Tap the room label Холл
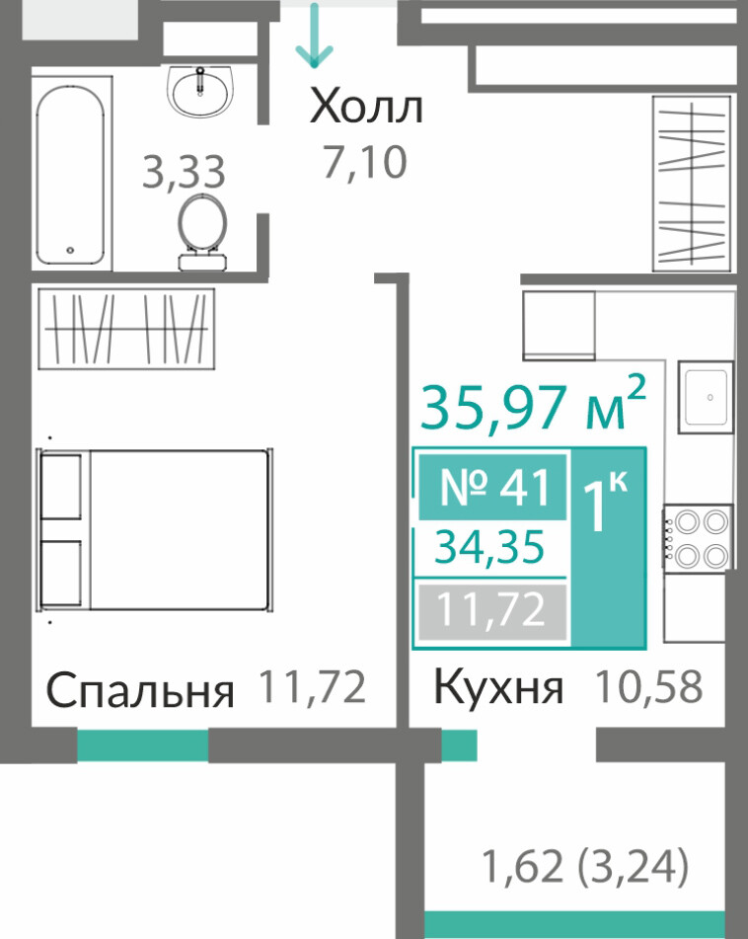[x=366, y=107]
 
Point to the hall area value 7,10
[x=365, y=162]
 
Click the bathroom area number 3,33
[x=184, y=171]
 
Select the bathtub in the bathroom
[x=71, y=174]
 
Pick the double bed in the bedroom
[x=155, y=530]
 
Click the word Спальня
[x=139, y=690]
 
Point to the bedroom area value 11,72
[x=313, y=686]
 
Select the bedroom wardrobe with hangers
[x=126, y=329]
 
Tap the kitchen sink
[x=706, y=397]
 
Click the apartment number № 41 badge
[x=492, y=487]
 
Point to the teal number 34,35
[x=489, y=547]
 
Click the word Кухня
[x=498, y=687]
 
